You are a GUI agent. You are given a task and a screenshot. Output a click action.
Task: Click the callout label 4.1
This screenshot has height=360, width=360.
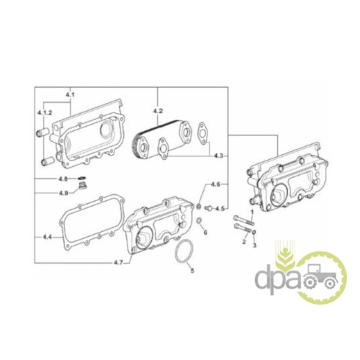[70, 95]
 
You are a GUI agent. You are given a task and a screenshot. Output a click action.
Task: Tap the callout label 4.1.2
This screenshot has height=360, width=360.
[45, 112]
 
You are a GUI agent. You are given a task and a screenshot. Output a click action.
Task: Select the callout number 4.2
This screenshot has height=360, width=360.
[158, 111]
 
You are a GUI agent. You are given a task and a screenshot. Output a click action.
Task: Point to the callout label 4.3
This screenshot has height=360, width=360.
[218, 156]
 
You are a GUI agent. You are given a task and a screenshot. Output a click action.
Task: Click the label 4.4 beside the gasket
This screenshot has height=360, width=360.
[48, 237]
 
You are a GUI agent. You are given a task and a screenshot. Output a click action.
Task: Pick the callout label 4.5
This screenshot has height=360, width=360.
[220, 209]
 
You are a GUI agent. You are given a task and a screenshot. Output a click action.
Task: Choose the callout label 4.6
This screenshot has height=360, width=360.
[215, 184]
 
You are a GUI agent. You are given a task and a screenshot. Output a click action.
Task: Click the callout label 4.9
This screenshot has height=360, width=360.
[63, 193]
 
